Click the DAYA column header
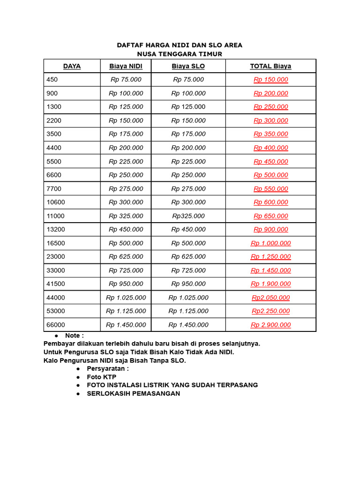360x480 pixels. pos(72,66)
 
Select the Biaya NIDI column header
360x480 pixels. pos(126,66)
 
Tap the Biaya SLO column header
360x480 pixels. pos(188,66)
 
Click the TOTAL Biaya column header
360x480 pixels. pos(270,66)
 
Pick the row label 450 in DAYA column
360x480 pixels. pos(52,80)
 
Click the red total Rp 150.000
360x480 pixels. pos(270,80)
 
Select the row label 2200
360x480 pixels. pos(54,120)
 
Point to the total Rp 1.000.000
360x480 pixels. pos(270,243)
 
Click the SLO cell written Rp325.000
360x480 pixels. pos(188,216)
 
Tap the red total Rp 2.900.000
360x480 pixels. pos(270,325)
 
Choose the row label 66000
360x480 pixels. pos(56,325)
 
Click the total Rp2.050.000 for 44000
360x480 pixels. pos(270,298)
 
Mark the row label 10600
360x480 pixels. pos(56,202)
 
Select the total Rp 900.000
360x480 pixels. pos(270,230)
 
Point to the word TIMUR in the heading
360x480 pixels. pos(210,54)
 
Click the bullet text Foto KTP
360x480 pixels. pos(101,377)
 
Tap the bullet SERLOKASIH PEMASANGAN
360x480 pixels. pos(133,393)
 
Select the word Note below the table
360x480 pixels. pos(73,336)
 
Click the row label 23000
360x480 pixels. pos(56,257)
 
